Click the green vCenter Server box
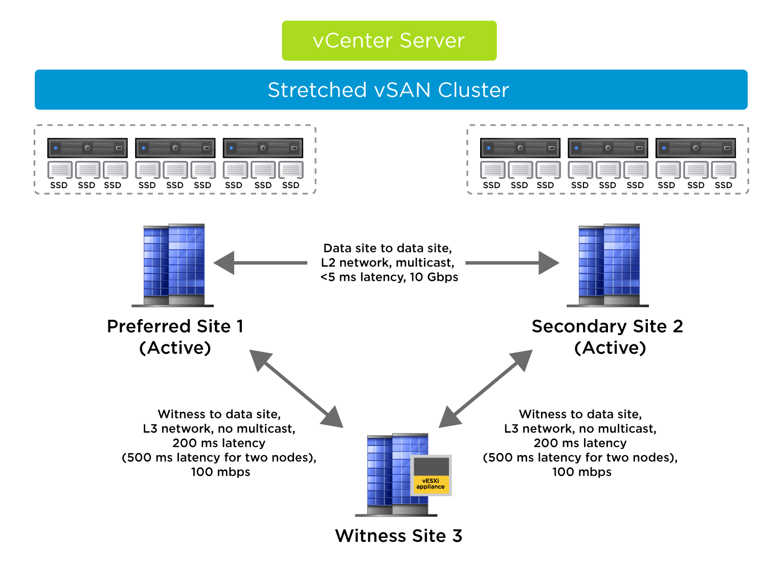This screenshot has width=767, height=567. coord(389,40)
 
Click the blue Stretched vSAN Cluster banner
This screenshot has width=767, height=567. coord(391,90)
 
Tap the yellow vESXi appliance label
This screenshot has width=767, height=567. coord(431,484)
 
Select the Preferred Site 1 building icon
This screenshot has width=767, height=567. coord(174,265)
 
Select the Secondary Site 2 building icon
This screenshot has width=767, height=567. coord(608,265)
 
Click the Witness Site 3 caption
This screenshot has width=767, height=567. coord(398,536)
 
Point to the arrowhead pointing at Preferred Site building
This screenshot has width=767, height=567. coord(224,263)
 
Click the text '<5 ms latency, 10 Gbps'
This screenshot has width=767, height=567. coord(389,277)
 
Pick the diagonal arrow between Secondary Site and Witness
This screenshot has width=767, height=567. coord(485,389)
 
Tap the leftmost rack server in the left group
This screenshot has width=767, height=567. coord(87,148)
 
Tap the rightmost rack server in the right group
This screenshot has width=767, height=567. coord(695,148)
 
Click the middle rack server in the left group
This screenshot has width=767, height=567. coord(175,148)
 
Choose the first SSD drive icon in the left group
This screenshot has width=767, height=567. coord(59,170)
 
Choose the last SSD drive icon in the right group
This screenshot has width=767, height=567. coord(724,170)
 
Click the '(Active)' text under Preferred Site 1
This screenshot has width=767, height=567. coord(175,348)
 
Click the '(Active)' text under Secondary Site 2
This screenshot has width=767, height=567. coord(610,348)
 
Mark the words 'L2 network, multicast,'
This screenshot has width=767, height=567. coord(388,263)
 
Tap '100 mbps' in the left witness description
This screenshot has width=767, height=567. coord(220,472)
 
